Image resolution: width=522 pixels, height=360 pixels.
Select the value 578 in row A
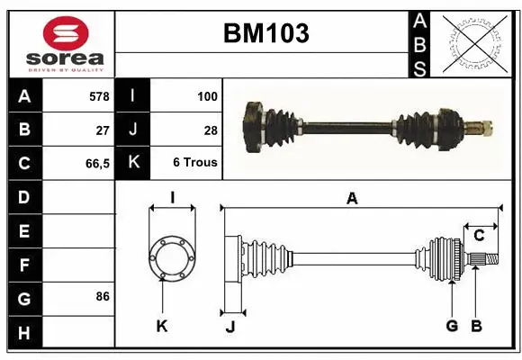99,95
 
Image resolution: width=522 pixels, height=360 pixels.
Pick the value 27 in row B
103,130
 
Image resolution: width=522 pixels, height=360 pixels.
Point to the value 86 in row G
103,296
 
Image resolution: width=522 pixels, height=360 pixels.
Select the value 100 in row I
206,95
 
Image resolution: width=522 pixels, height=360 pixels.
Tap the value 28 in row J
211,130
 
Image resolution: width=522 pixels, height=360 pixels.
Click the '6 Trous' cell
195,163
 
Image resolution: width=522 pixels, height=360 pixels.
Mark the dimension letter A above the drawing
352,199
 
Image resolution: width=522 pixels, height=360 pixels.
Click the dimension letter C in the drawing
479,236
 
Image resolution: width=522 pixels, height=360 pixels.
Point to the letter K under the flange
162,327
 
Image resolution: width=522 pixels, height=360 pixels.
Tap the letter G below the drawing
452,326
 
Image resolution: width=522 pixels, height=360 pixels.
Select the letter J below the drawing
229,327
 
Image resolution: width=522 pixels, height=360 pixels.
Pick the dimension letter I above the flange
171,197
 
